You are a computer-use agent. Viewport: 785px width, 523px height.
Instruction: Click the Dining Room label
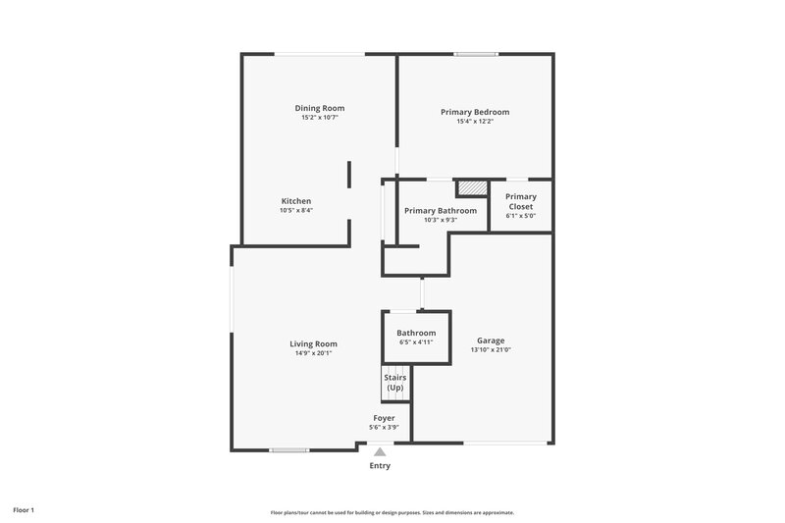[320, 108]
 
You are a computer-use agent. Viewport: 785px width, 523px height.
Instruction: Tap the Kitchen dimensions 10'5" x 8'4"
[296, 210]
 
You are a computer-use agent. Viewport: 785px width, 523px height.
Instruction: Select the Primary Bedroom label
[475, 112]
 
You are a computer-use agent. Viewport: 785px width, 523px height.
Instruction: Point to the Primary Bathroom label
[441, 211]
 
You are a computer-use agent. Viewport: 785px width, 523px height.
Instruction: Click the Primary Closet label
[521, 201]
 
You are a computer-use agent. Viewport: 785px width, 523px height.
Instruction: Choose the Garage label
[492, 340]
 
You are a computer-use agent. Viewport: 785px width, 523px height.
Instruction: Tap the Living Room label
[313, 343]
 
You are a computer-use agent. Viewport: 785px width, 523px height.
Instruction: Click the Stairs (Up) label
[394, 382]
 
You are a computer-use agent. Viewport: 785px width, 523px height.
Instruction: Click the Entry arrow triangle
[380, 452]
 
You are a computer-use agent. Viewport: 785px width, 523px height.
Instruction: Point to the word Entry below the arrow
[380, 466]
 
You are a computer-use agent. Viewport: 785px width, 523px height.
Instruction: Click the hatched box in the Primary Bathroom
[473, 187]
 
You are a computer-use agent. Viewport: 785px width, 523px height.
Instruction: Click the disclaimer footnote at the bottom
[392, 512]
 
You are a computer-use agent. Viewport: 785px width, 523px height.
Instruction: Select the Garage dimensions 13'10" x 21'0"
[492, 350]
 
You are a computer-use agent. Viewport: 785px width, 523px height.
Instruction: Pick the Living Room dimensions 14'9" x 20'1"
[313, 353]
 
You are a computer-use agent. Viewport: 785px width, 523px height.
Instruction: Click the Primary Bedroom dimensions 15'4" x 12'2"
[475, 122]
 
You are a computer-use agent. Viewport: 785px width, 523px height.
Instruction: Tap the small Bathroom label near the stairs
[417, 333]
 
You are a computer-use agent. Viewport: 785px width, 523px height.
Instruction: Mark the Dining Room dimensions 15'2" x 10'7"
[320, 118]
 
